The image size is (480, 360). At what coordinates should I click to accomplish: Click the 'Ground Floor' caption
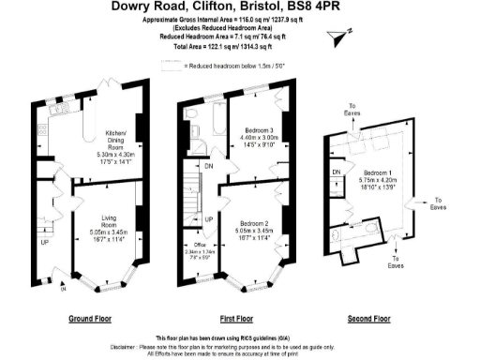click(92, 319)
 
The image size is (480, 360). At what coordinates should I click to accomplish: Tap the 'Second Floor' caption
click(368, 319)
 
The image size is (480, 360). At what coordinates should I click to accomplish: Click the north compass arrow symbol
click(340, 35)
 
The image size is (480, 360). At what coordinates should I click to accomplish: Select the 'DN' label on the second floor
click(336, 172)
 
